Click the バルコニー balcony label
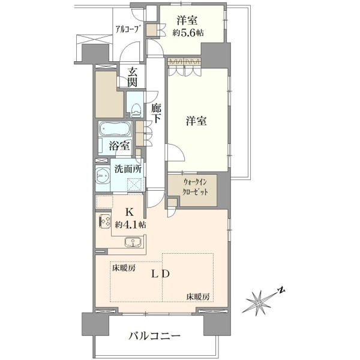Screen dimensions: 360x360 [x=154, y=337]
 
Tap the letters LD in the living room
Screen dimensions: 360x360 [x=160, y=274]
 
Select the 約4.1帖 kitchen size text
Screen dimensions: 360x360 [x=130, y=225]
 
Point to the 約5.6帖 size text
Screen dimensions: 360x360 [x=188, y=33]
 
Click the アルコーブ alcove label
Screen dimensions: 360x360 [x=128, y=29]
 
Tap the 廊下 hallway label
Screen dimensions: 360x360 [x=156, y=113]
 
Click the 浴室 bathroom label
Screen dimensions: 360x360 [x=119, y=146]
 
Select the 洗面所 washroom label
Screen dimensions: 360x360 [x=128, y=169]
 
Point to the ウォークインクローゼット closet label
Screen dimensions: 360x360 [x=195, y=187]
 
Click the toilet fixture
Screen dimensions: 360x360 [x=136, y=109]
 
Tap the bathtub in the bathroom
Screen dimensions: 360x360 [x=115, y=129]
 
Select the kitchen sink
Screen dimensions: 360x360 [x=133, y=242]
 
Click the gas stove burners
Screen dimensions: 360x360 [x=104, y=221]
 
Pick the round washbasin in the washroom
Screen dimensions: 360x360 [x=103, y=176]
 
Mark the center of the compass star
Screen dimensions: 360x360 [x=259, y=304]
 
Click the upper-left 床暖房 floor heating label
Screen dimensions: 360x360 [x=124, y=268]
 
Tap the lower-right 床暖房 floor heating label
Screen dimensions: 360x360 [x=197, y=297]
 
